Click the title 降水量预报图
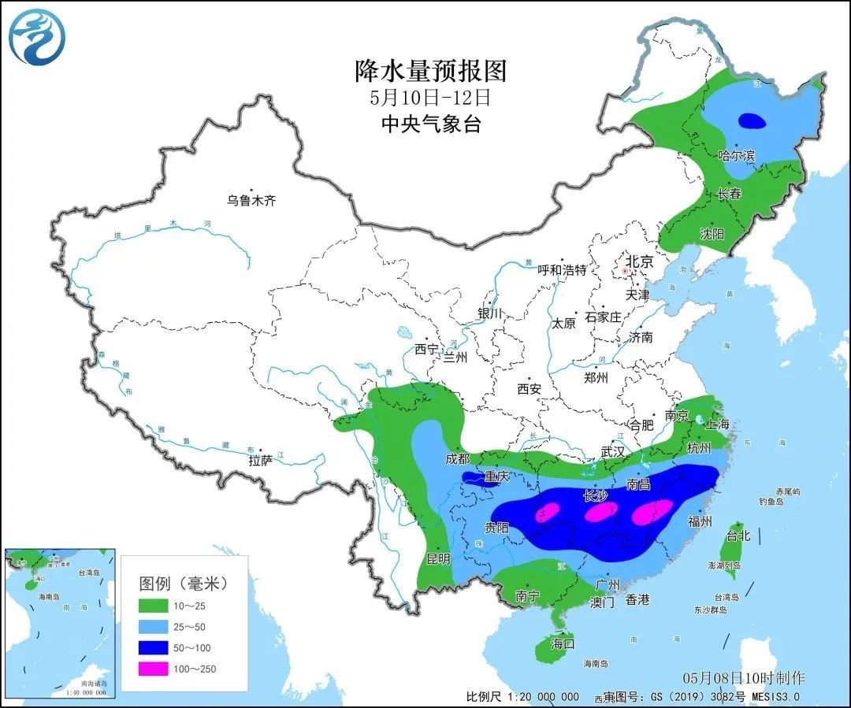point(430,71)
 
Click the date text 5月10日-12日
point(430,98)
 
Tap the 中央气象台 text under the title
point(430,124)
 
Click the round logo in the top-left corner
point(37,37)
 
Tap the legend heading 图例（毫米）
point(183,584)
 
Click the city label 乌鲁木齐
point(251,201)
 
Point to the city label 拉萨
point(260,460)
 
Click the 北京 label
point(639,261)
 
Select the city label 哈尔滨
point(737,156)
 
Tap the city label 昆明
point(438,559)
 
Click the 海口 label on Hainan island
point(563,643)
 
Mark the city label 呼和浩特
point(562,269)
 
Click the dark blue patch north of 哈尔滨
point(752,121)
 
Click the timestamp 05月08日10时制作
point(744,678)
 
